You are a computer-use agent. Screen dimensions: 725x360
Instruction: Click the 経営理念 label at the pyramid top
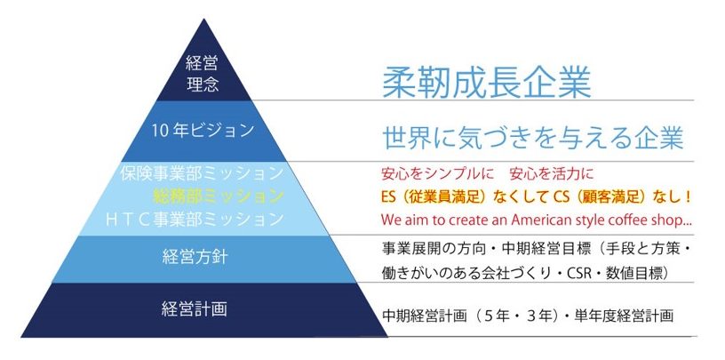(x=203, y=74)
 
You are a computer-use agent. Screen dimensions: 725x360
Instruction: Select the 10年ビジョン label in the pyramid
(x=203, y=131)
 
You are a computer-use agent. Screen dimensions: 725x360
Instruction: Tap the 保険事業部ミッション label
(x=202, y=173)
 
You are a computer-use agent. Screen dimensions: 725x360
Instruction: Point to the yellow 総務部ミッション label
(x=218, y=196)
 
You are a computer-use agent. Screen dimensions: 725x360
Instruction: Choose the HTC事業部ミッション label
(x=195, y=219)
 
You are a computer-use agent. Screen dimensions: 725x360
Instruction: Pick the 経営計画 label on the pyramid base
(x=195, y=308)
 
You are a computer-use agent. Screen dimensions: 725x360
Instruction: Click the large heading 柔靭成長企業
(x=486, y=84)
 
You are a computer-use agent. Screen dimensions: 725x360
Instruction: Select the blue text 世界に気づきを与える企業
(x=533, y=137)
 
